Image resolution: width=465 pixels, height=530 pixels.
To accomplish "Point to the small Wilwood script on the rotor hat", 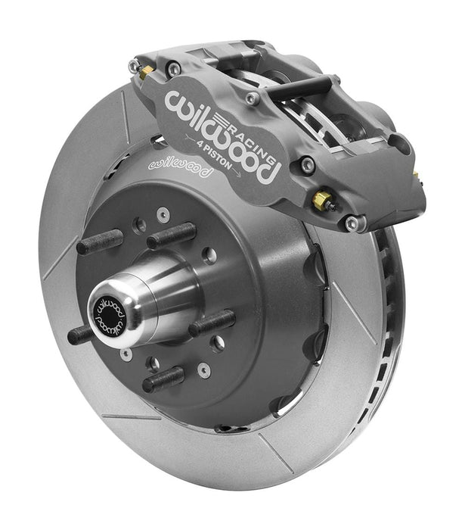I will (x=181, y=167).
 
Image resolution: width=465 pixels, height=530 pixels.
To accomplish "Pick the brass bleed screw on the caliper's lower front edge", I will (x=323, y=201).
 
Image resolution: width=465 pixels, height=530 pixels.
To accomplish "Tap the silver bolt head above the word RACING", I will (x=252, y=98).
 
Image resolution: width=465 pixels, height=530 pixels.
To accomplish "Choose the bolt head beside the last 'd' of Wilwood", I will (x=307, y=164).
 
